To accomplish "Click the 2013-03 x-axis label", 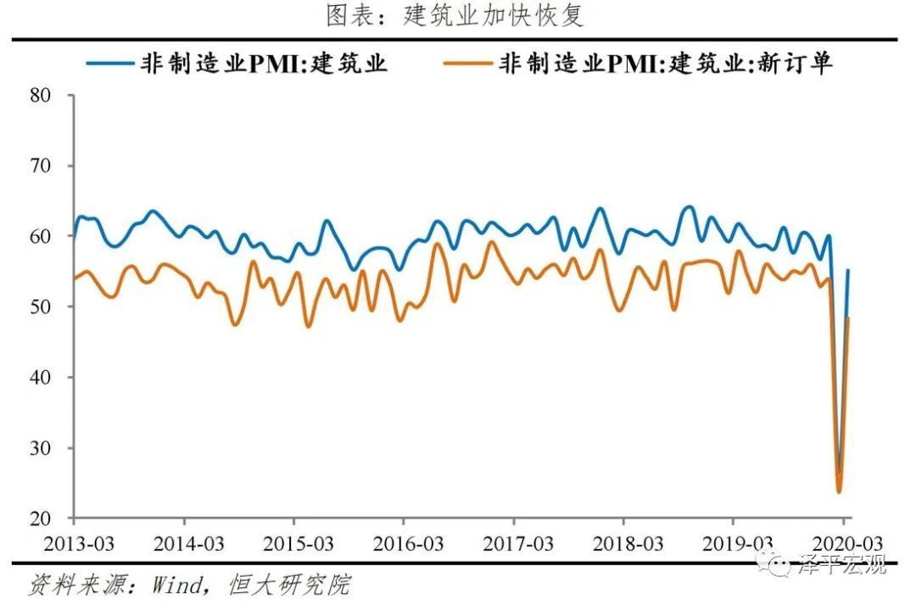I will click(x=75, y=543).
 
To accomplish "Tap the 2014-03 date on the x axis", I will click(x=185, y=543).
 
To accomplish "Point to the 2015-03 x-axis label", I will click(x=294, y=543).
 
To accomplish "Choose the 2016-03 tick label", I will click(x=404, y=543).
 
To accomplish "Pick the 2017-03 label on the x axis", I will click(x=513, y=543).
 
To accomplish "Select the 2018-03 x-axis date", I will click(x=623, y=543).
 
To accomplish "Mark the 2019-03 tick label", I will click(x=733, y=543).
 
